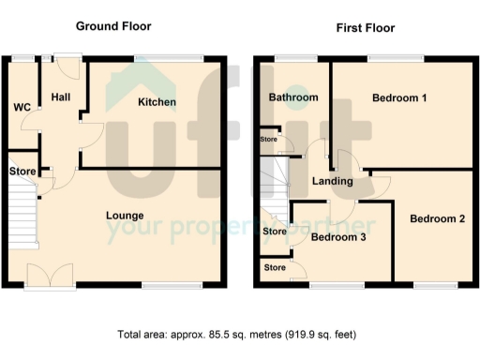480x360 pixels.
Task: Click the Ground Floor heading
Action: [x=112, y=26]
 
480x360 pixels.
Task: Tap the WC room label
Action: [x=22, y=108]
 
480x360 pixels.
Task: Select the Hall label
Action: [x=62, y=97]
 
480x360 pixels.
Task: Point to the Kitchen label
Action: [x=157, y=102]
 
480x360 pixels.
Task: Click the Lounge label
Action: [x=124, y=216]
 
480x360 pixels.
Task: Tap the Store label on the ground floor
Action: [x=22, y=172]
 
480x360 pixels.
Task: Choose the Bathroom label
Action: [x=293, y=97]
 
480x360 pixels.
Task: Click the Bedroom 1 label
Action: [x=399, y=97]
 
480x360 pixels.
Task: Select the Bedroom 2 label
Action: [x=437, y=219]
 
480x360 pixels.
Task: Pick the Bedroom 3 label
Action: [x=337, y=237]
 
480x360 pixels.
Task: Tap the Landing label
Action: [x=333, y=181]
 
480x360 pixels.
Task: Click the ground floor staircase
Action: [x=22, y=214]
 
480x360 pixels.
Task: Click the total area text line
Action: [x=236, y=334]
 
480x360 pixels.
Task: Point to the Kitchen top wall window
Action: [x=169, y=59]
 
